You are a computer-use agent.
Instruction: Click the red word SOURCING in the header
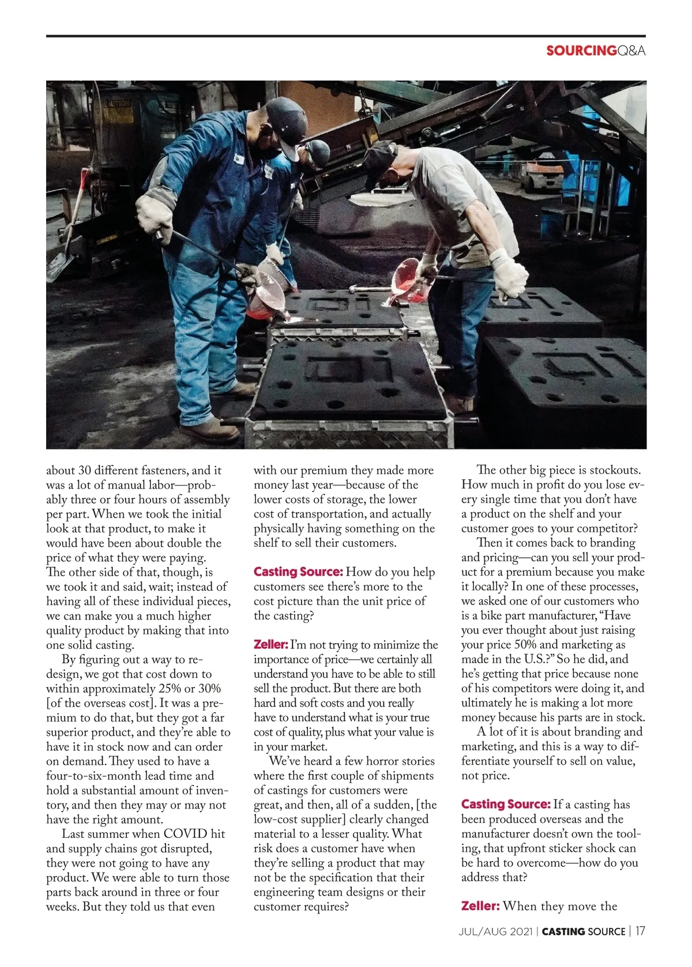[581, 51]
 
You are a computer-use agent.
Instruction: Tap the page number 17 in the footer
[640, 931]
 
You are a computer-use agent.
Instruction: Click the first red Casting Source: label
[298, 572]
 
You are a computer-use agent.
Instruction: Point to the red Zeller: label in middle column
[270, 645]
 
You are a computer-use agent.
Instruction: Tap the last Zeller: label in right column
[480, 906]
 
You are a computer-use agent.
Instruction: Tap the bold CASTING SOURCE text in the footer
[584, 932]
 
